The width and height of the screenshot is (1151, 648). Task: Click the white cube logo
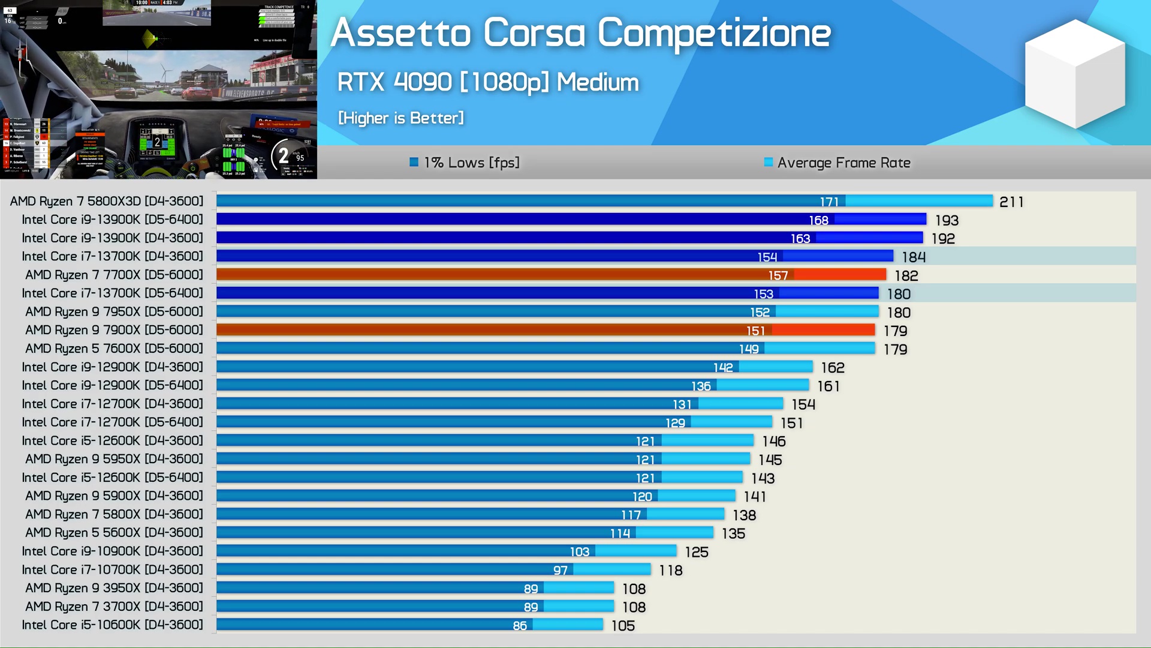(1074, 74)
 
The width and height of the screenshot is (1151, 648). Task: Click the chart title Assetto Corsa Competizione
(580, 32)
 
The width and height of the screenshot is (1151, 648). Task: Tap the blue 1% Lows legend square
(414, 162)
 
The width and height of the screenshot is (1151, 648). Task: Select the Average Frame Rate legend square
(768, 162)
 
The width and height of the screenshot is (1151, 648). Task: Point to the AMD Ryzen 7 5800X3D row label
(107, 201)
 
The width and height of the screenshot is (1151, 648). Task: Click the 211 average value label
(1011, 202)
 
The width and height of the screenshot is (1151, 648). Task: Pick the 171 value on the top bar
(829, 202)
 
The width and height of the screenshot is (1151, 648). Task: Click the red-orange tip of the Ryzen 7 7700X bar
(840, 275)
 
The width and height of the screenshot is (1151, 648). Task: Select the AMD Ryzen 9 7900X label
(114, 330)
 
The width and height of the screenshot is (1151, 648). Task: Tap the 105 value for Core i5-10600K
(623, 626)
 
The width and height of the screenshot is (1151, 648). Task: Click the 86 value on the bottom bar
(520, 626)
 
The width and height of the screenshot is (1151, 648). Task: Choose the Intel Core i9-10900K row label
(112, 551)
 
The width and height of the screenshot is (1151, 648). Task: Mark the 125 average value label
(697, 552)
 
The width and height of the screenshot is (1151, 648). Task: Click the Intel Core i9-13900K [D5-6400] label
(112, 220)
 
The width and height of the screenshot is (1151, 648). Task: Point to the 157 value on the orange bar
(778, 275)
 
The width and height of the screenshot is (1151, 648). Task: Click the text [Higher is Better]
(401, 118)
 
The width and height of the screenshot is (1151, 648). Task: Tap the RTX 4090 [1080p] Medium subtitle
(487, 82)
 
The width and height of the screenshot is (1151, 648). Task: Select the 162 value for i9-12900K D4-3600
(833, 368)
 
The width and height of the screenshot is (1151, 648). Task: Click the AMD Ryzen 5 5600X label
(114, 533)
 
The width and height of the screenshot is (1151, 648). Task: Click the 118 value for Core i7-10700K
(671, 571)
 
